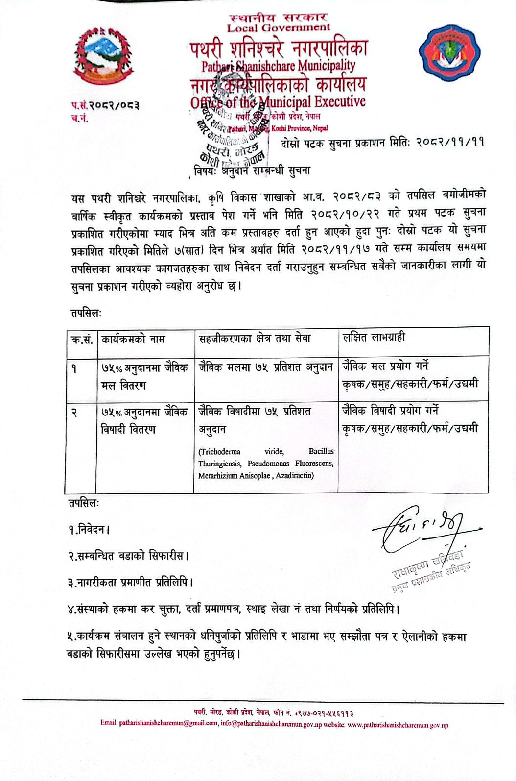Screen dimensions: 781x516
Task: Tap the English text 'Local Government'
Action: click(278, 28)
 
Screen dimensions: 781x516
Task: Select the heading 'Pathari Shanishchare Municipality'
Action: click(278, 65)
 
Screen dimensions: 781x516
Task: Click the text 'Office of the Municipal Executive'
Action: click(278, 102)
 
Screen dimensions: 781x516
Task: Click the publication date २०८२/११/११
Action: click(450, 143)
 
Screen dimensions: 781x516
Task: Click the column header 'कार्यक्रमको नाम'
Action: click(133, 339)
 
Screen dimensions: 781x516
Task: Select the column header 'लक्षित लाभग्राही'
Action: click(374, 337)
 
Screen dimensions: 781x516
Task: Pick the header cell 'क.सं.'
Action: click(81, 340)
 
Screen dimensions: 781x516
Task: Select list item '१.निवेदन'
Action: click(89, 530)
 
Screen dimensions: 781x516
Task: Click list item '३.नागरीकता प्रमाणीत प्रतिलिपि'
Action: click(130, 583)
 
